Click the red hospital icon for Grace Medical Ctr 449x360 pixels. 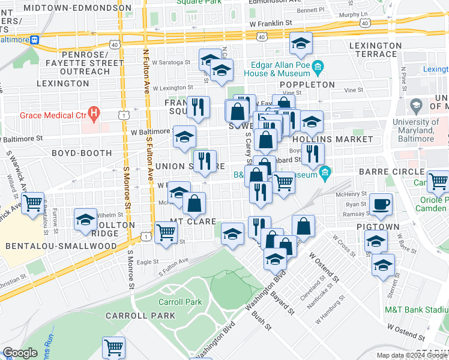click(x=94, y=112)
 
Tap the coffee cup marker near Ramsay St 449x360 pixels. click(x=381, y=204)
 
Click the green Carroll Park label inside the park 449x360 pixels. click(x=180, y=302)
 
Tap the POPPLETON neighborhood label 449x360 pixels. click(x=306, y=85)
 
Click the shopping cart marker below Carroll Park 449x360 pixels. click(x=113, y=347)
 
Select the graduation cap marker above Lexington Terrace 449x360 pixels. click(x=301, y=43)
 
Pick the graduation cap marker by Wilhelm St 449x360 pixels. click(x=85, y=220)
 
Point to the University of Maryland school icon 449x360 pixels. click(x=415, y=106)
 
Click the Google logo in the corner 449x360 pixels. click(x=20, y=353)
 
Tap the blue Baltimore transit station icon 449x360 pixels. click(x=35, y=40)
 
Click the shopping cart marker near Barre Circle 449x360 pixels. click(x=438, y=179)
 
